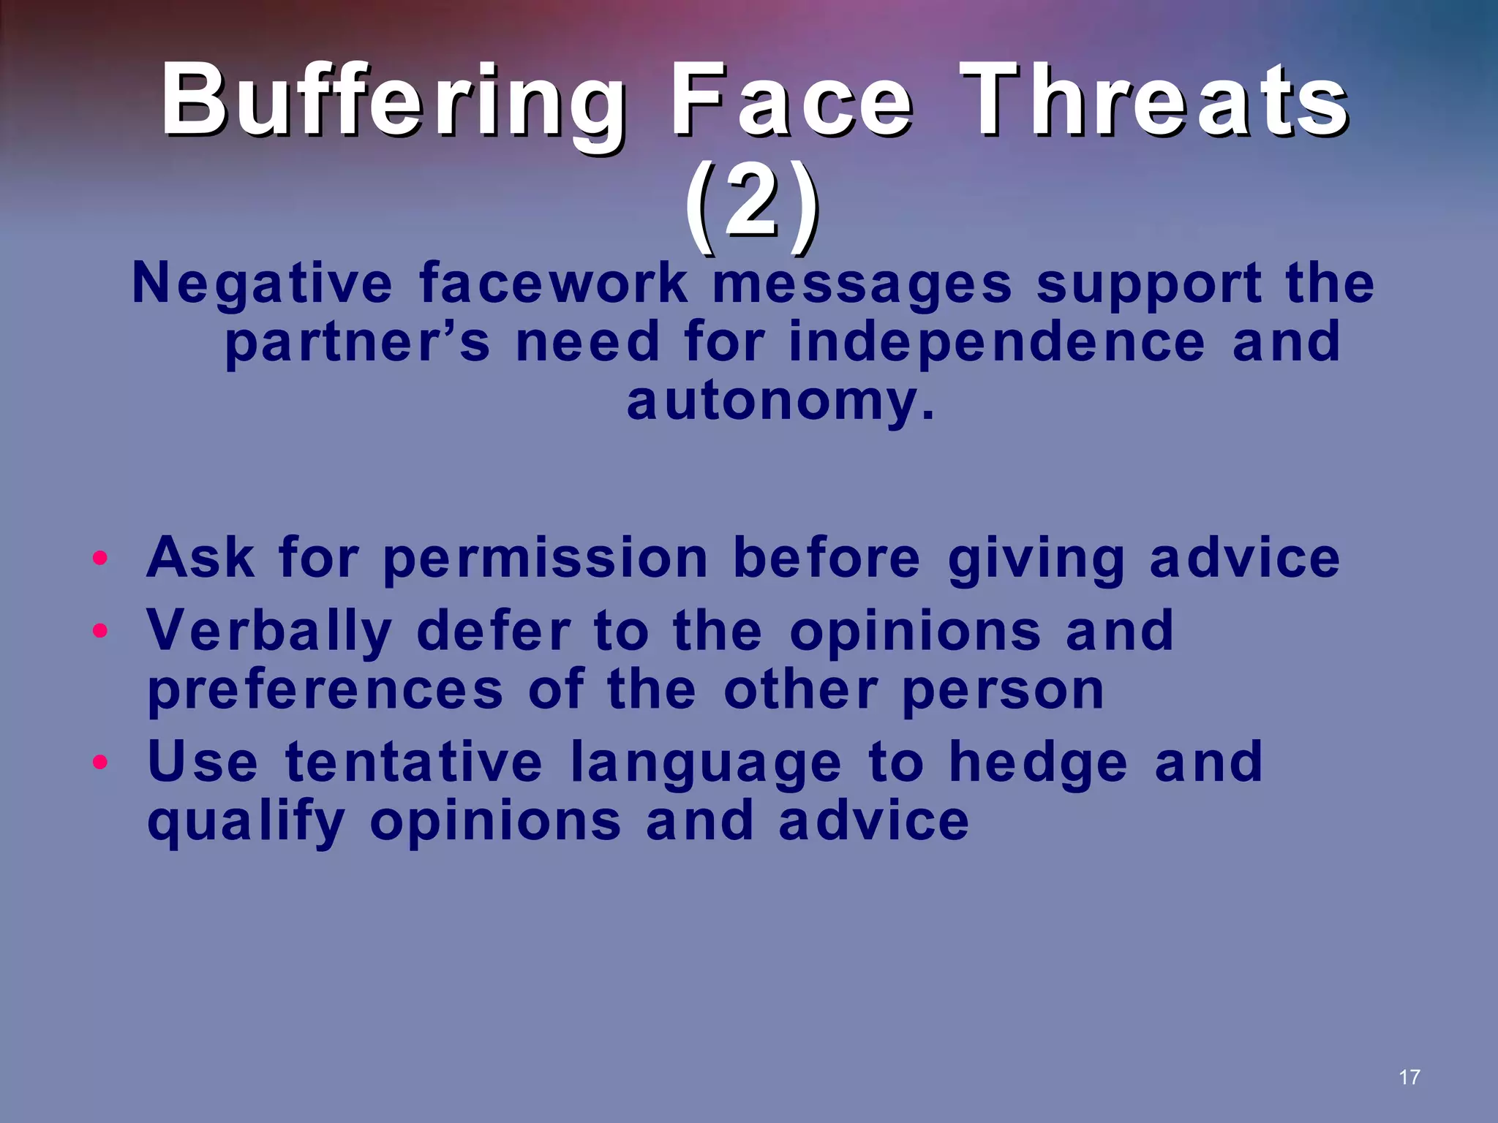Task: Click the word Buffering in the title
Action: tap(394, 101)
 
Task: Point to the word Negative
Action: tap(262, 284)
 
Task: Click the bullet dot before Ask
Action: tap(100, 559)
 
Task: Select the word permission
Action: tap(545, 559)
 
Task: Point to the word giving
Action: tap(1036, 559)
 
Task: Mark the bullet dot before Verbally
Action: tap(100, 630)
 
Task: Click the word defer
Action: tap(494, 630)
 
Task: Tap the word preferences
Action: tap(325, 690)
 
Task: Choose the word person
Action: tap(1003, 690)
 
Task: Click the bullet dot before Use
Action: tap(100, 762)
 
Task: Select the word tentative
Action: tap(414, 762)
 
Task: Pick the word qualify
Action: tap(246, 822)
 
